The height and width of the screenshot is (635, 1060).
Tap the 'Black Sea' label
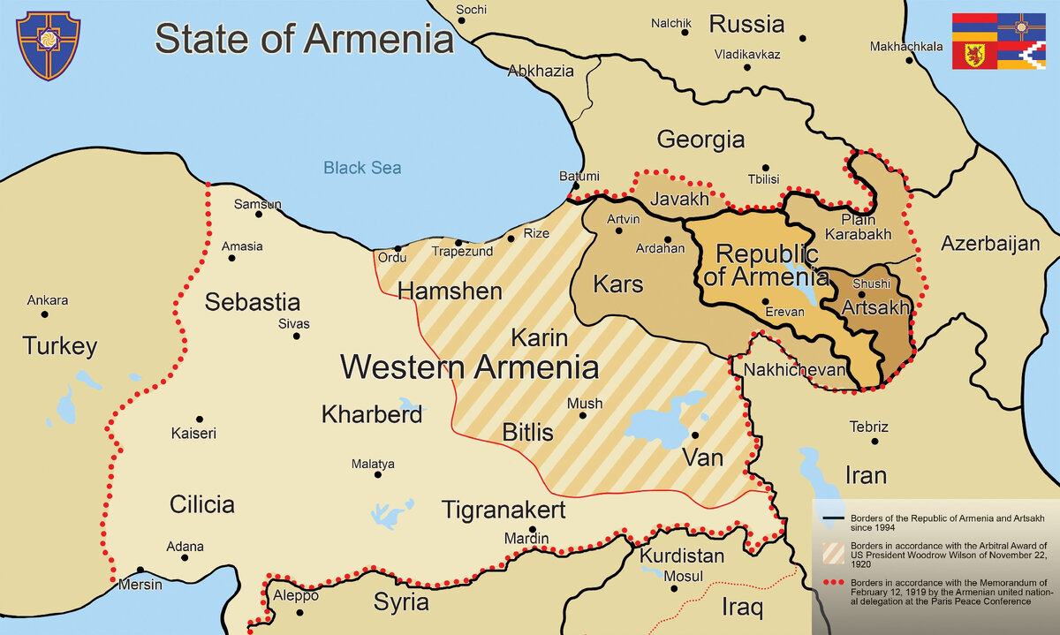[361, 168]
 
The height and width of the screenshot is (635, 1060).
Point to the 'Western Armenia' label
[469, 367]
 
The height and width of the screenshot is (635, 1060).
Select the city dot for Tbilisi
[765, 168]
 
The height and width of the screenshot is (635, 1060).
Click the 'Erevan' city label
[784, 312]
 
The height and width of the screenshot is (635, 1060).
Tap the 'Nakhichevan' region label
[794, 369]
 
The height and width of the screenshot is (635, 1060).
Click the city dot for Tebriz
[874, 441]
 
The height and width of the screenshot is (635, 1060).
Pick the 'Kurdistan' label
[681, 556]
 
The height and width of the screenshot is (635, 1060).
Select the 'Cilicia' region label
[201, 504]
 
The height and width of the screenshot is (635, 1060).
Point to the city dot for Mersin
[140, 570]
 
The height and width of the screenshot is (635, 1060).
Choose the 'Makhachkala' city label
[905, 47]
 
